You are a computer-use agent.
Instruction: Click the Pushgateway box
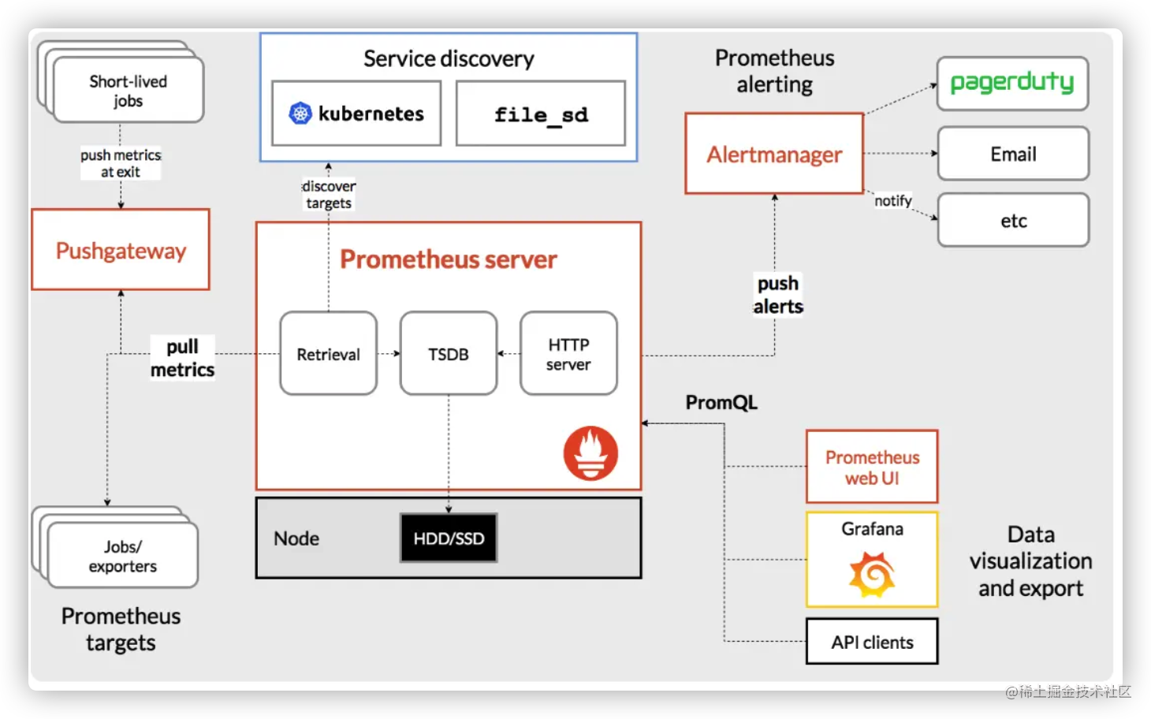coord(121,250)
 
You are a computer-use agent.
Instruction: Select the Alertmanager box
coord(774,154)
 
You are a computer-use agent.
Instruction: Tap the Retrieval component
coord(328,354)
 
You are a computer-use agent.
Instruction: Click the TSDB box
coord(449,354)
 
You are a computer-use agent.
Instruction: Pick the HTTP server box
coord(568,354)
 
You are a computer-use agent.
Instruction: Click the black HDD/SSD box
coord(449,538)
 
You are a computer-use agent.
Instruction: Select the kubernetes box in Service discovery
coord(356,114)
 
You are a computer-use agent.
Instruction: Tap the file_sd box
coord(541,114)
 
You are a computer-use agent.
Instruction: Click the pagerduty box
coord(1012,84)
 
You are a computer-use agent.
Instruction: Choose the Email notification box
coord(1013,154)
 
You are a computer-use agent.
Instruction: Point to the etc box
coord(1013,221)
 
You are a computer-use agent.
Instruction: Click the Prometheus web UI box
coord(872,467)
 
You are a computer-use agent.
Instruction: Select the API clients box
coord(872,642)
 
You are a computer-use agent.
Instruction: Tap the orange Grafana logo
coord(872,575)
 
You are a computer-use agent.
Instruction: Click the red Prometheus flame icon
coord(590,453)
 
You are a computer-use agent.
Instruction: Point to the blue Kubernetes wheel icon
coord(300,114)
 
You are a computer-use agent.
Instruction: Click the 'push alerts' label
coord(778,295)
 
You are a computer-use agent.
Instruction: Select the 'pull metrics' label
coord(182,358)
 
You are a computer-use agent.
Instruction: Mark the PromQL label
coord(721,403)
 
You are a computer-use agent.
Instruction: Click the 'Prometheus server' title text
coord(449,259)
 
